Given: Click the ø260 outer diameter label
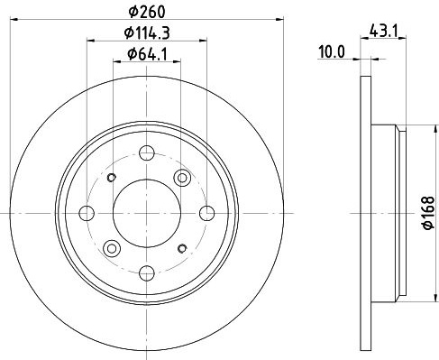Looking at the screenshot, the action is coord(147,12).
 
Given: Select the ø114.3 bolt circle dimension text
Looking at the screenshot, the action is coord(147,32).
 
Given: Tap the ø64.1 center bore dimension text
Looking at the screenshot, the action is coord(147,54).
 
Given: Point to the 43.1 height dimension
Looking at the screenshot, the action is coord(384,31).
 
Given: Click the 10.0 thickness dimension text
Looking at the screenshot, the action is coord(332,51).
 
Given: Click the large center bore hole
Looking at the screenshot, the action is coord(147,213).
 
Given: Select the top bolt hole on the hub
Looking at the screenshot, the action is coord(147,152).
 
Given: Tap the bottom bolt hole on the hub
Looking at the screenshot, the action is coord(147,273).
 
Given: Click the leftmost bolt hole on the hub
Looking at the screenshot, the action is coord(87,213).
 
